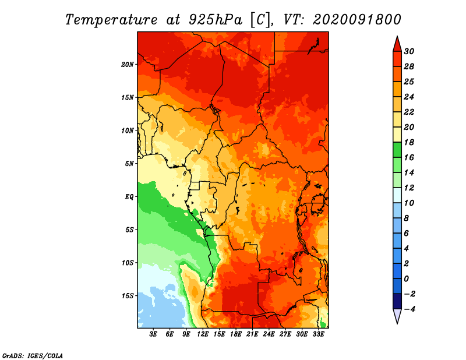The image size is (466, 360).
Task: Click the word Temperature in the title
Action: coord(111,20)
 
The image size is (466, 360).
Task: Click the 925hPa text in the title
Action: coord(216,20)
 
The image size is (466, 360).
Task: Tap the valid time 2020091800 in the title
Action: coord(357,20)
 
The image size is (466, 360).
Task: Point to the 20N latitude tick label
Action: coord(128,64)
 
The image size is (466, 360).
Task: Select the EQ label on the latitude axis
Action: coord(129,197)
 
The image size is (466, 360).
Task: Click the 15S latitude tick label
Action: coord(128,296)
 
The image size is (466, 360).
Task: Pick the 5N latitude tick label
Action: coord(129,164)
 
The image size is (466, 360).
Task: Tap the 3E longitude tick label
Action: coord(153,334)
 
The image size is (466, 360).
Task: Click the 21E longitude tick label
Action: coord(252,334)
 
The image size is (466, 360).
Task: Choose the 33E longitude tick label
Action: coord(318,334)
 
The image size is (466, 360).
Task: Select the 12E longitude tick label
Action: coord(202,334)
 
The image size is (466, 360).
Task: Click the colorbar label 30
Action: coord(409,51)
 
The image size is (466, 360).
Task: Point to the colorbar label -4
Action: coord(409,309)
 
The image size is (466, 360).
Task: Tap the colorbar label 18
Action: coord(409,142)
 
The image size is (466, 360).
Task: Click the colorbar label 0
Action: coord(406,279)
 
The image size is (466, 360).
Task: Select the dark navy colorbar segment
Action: coord(397,301)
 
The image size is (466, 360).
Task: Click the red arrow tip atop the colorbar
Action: coord(397,36)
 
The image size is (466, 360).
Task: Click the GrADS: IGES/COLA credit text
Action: coord(33,356)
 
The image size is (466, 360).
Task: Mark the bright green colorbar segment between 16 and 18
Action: coord(397,150)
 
